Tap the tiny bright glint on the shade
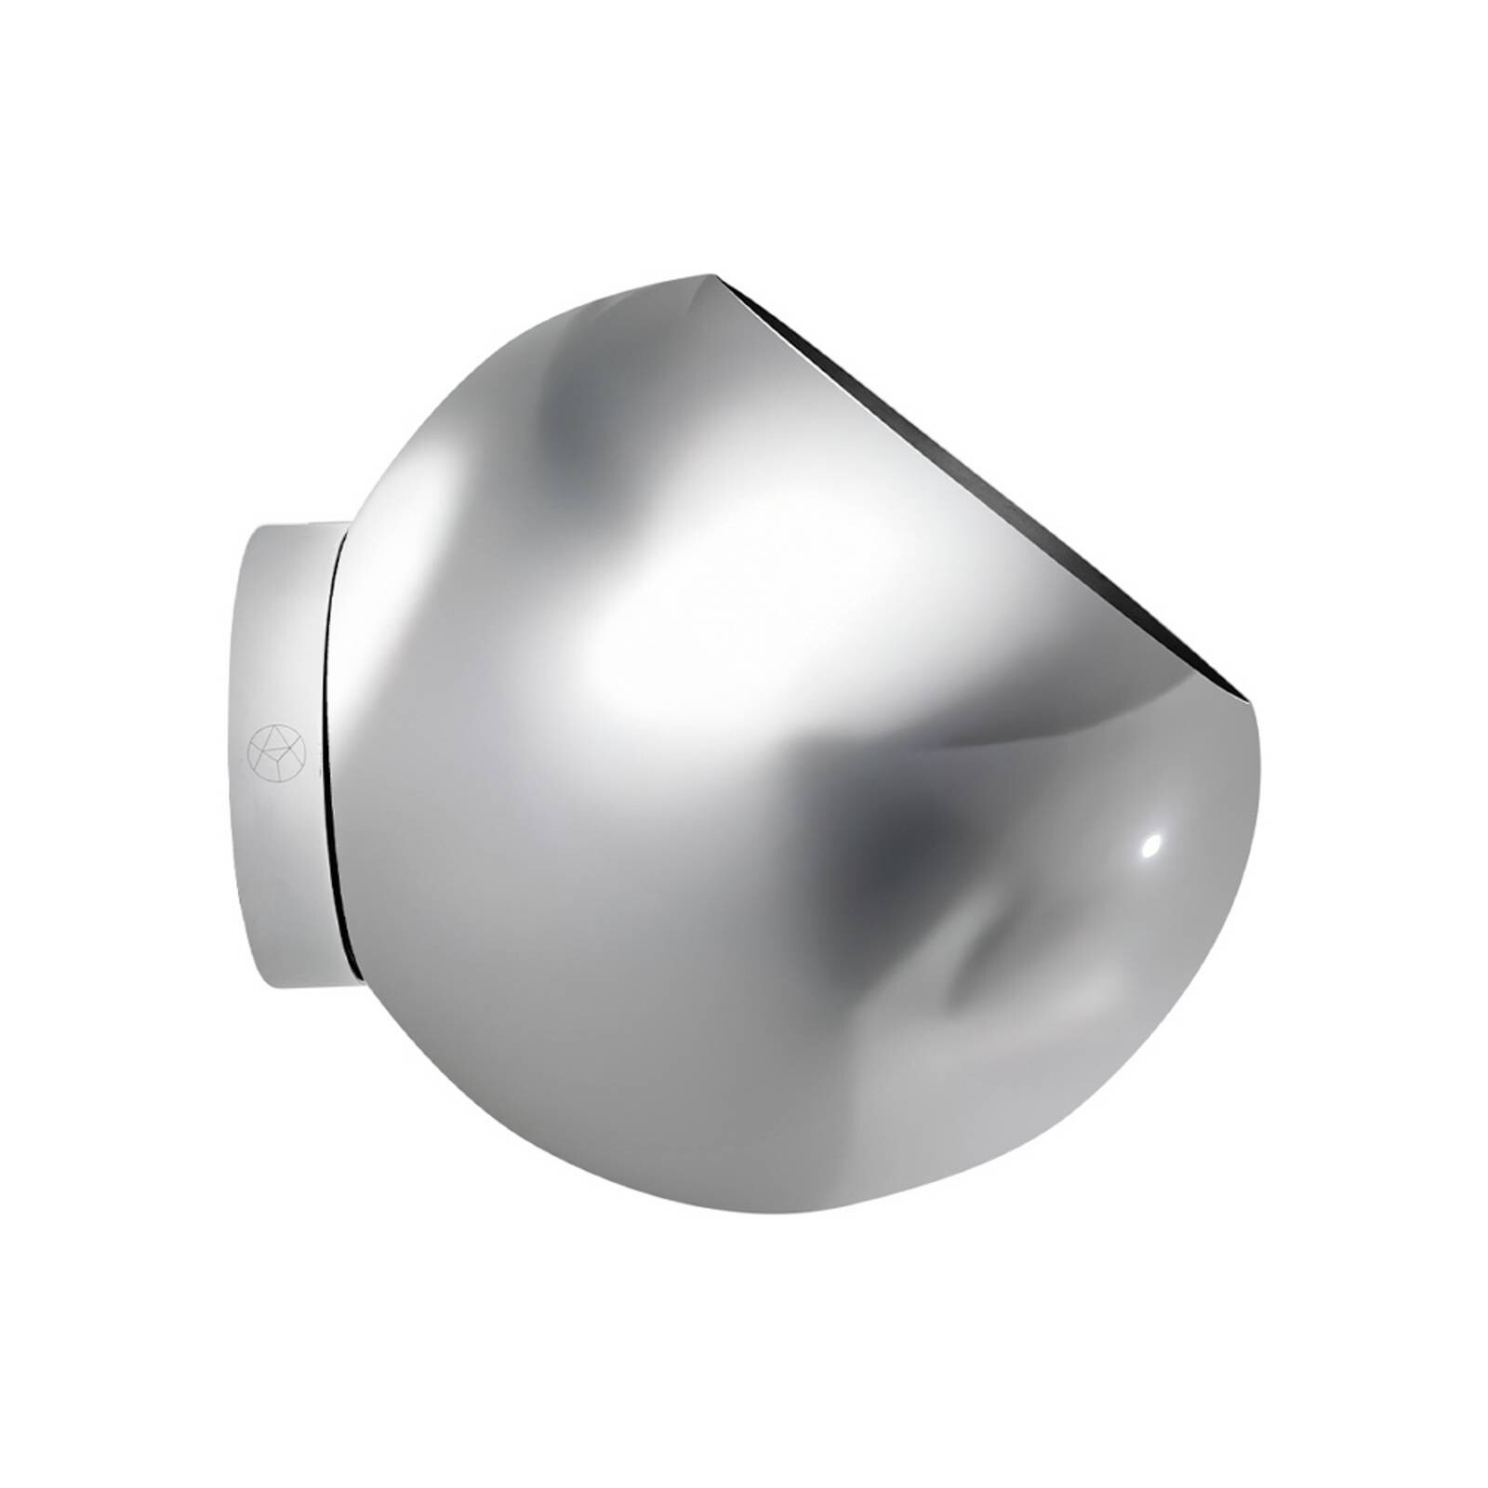coord(1151,844)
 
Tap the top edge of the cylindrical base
coord(298,527)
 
